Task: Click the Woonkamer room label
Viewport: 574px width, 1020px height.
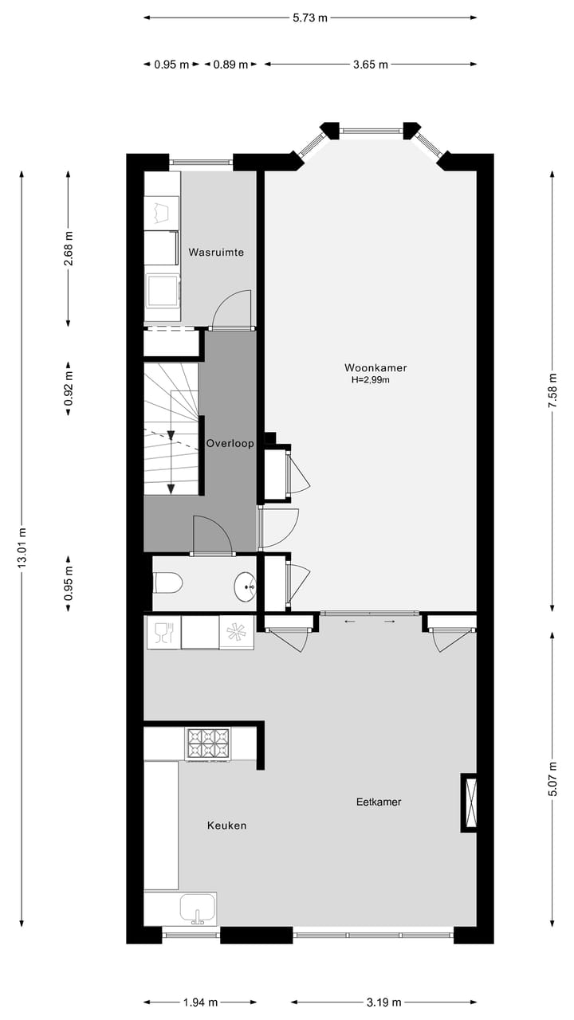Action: coord(375,367)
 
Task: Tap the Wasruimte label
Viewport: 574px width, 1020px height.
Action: coord(216,253)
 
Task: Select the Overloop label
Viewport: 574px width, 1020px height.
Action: coord(230,444)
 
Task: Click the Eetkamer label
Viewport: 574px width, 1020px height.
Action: coord(378,802)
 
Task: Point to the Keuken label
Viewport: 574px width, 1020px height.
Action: coord(226,826)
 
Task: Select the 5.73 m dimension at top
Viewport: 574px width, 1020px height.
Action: coord(310,18)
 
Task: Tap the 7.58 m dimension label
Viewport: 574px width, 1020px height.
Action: coord(552,390)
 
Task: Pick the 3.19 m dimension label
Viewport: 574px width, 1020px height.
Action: coord(383,1002)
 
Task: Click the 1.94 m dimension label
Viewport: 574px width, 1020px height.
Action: coord(200,1002)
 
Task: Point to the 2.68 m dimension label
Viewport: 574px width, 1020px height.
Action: coord(69,247)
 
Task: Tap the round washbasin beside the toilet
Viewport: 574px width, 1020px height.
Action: coord(245,588)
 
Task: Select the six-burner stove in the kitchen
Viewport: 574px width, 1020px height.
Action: coord(207,743)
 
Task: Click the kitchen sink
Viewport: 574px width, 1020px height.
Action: coord(197,908)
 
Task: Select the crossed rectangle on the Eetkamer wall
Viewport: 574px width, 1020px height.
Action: coord(469,802)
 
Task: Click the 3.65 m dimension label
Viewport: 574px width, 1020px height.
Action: coord(371,65)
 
